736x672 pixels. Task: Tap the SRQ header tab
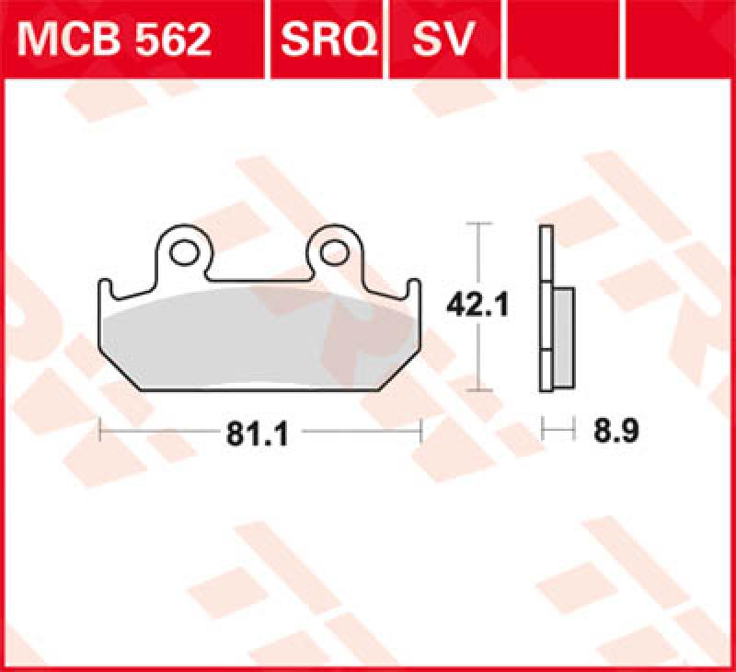(326, 39)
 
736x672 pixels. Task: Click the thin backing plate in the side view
(545, 276)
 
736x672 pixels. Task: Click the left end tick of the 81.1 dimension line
(99, 430)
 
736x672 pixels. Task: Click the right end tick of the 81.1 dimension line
(420, 430)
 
